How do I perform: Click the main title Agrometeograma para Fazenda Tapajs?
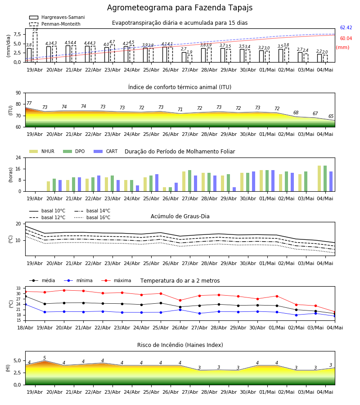(x=180, y=8)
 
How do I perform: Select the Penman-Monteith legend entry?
(x=55, y=24)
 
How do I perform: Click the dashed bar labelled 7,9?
(x=35, y=47)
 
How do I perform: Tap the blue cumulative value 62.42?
(x=346, y=27)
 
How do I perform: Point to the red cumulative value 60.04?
(x=346, y=39)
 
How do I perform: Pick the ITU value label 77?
(x=29, y=103)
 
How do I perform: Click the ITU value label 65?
(x=331, y=116)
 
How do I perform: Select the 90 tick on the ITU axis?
(x=18, y=93)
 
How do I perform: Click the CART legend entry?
(x=106, y=151)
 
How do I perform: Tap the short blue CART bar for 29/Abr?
(x=234, y=189)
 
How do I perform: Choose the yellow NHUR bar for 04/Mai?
(x=319, y=179)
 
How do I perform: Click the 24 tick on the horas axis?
(x=18, y=157)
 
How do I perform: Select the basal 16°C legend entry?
(x=92, y=217)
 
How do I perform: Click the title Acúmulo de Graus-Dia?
(x=180, y=216)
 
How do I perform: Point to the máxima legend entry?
(x=116, y=280)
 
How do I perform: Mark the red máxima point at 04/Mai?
(x=335, y=312)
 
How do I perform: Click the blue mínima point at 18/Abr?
(x=25, y=305)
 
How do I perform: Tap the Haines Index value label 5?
(x=45, y=358)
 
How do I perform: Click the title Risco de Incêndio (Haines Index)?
(x=180, y=345)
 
